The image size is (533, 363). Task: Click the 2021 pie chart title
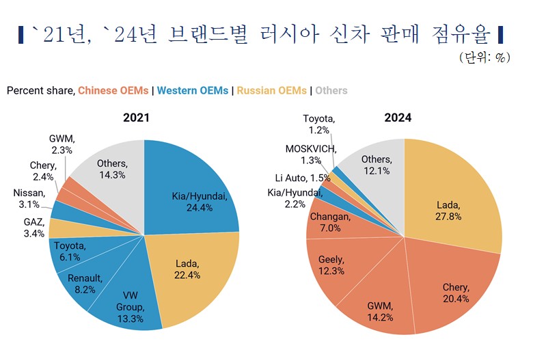click(x=137, y=118)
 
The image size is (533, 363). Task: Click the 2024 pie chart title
click(x=398, y=118)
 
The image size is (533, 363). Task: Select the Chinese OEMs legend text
click(x=113, y=90)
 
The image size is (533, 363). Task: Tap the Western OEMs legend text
click(x=193, y=90)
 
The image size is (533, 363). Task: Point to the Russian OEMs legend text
click(x=271, y=90)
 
